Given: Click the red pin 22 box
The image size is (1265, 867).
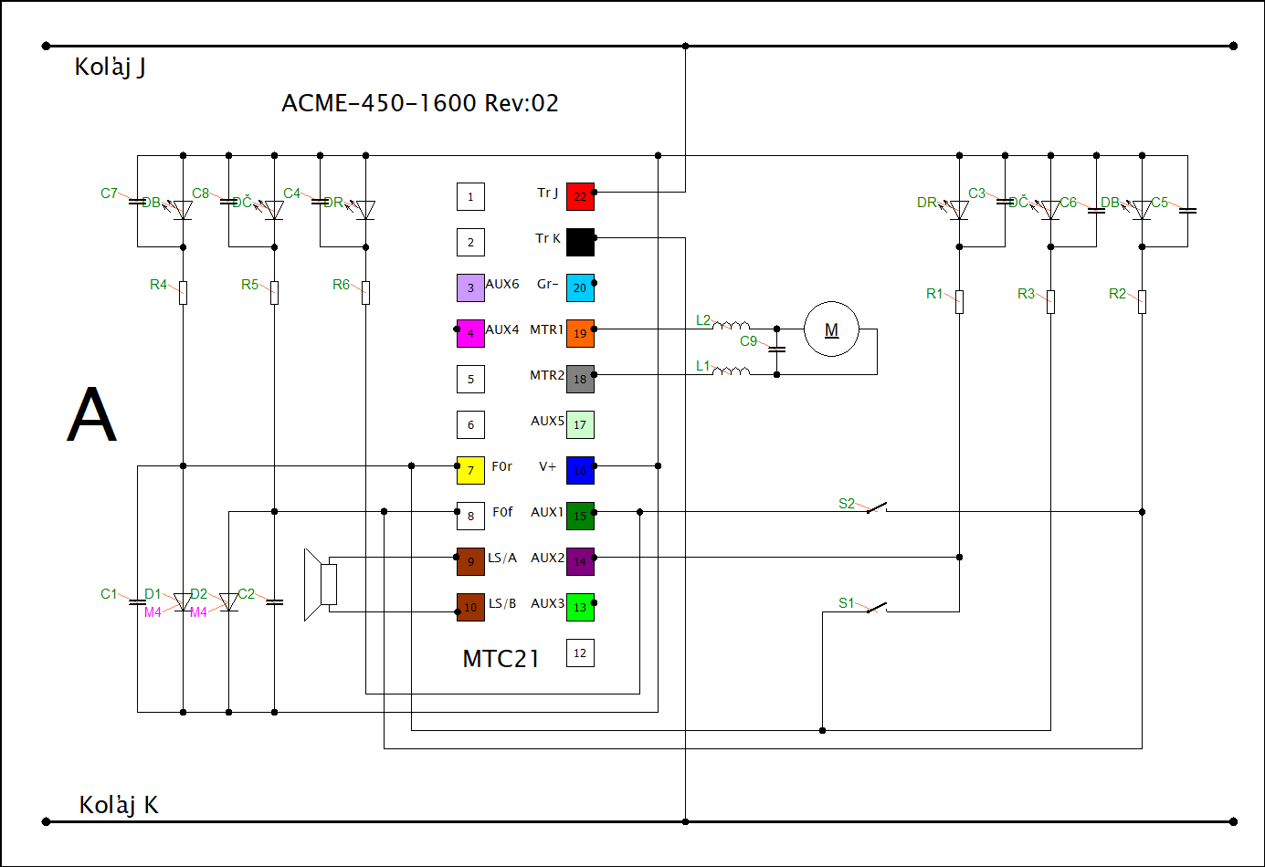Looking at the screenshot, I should click(x=580, y=196).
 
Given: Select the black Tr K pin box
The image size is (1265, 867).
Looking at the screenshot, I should click(x=580, y=242).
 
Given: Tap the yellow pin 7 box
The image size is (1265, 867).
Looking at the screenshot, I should click(x=470, y=470).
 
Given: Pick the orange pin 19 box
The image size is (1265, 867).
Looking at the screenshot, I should click(x=580, y=333).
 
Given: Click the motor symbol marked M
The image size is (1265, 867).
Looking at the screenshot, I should click(x=831, y=329).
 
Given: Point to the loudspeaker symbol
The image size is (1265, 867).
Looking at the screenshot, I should click(x=321, y=584).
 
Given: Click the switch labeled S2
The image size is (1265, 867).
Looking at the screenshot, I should click(x=876, y=507).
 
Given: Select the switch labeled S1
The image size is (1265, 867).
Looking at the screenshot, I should click(x=876, y=607).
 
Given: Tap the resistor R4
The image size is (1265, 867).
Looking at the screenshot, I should click(x=183, y=292).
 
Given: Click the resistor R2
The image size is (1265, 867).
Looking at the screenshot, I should click(x=1142, y=301).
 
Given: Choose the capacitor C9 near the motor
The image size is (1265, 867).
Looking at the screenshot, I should click(x=776, y=349).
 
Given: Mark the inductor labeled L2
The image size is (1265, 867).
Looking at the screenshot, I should click(x=731, y=325).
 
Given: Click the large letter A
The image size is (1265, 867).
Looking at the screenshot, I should click(x=91, y=414).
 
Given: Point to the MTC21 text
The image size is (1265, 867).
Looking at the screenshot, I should click(x=501, y=659).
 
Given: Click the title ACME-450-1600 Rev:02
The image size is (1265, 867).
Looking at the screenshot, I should click(x=419, y=103).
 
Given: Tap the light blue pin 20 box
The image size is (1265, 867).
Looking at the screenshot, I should click(x=580, y=287).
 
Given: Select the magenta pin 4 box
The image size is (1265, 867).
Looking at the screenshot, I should click(x=470, y=333).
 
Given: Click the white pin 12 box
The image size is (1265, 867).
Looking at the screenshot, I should click(x=580, y=653).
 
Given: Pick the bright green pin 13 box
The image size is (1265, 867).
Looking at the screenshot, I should click(x=580, y=607).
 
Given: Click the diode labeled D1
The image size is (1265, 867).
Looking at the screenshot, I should click(x=183, y=602).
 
